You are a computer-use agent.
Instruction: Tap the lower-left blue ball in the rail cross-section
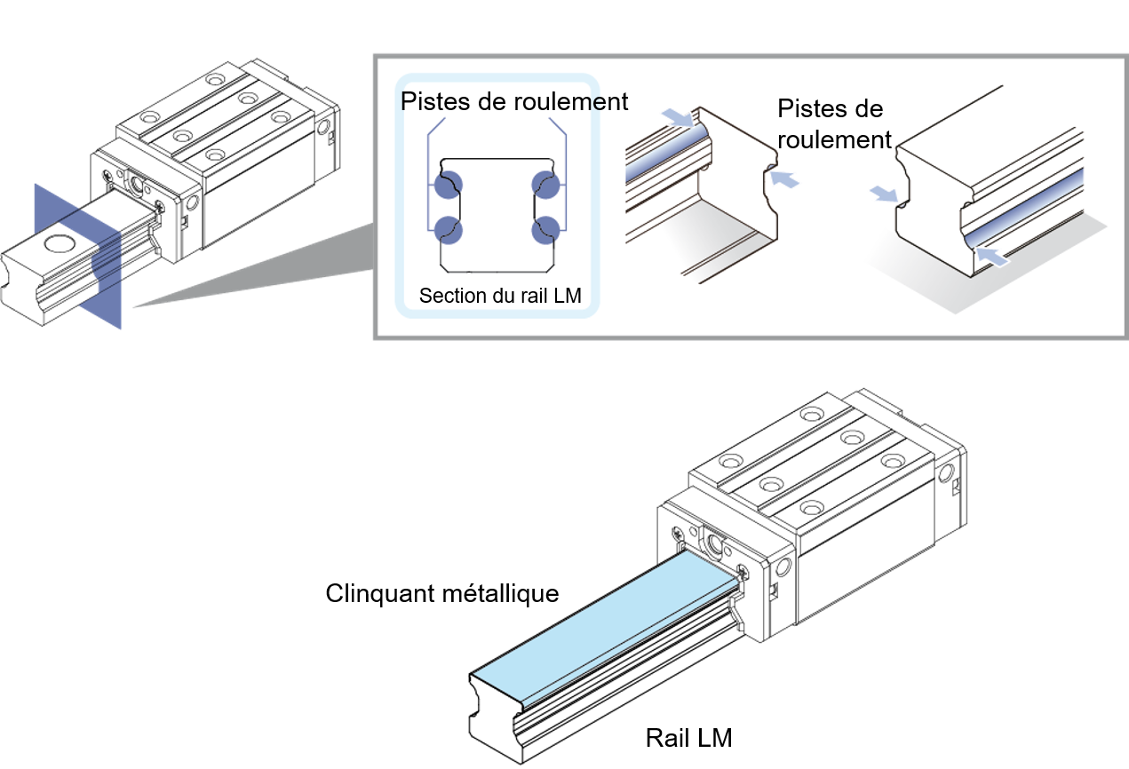(449, 229)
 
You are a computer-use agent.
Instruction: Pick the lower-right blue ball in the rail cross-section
(545, 229)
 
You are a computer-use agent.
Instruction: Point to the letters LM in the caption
(567, 296)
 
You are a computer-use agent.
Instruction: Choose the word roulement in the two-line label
(833, 139)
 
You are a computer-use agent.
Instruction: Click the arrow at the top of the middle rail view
(679, 116)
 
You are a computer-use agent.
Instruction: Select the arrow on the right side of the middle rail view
(784, 180)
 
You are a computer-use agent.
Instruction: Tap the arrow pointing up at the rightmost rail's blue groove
(993, 257)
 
